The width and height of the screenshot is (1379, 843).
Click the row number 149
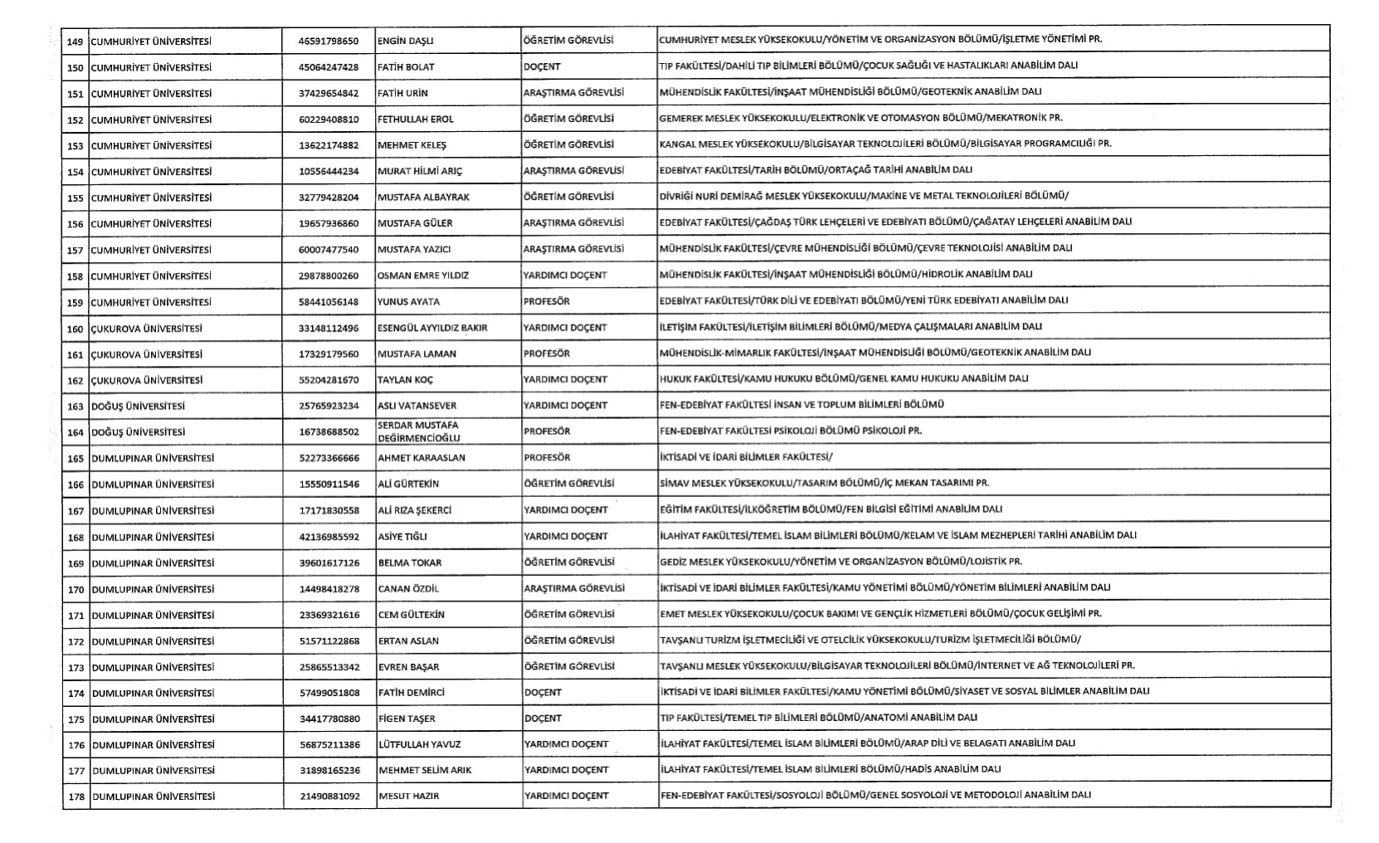76,41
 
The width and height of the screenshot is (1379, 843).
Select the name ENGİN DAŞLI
406,41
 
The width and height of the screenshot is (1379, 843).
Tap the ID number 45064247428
329,67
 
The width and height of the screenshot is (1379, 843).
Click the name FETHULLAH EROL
416,119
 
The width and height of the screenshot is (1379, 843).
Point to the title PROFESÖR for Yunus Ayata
547,301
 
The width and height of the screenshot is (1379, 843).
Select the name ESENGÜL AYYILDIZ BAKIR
432,328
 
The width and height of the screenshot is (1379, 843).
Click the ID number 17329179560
329,354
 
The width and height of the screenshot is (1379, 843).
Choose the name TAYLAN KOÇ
405,380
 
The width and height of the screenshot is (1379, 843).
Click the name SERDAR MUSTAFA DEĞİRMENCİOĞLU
418,431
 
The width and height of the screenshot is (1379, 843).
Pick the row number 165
76,459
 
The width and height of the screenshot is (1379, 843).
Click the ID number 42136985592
329,537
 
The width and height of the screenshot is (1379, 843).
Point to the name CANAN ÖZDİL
408,589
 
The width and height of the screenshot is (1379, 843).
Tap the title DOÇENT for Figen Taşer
543,719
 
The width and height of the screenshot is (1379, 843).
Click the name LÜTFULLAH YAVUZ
420,745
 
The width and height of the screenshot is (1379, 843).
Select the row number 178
76,797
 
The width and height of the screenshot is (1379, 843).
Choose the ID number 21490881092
329,797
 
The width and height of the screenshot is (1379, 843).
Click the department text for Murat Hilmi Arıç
816,170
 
